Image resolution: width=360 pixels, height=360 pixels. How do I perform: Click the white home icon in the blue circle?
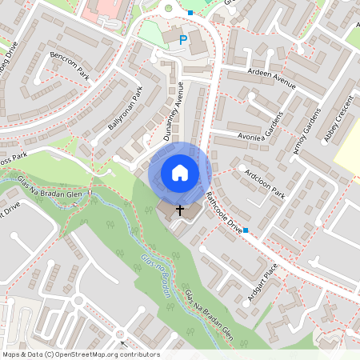tap(180, 172)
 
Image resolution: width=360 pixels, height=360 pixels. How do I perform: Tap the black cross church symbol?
tap(179, 210)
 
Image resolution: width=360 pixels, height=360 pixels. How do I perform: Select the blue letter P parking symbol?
tap(183, 39)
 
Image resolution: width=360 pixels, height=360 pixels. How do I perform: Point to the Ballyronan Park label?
tap(124, 110)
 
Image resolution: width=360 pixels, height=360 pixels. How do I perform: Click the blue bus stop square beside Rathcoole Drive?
tap(246, 231)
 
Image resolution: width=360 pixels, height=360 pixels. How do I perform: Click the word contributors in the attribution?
tap(139, 354)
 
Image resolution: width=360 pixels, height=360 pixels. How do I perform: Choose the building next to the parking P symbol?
tap(198, 44)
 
